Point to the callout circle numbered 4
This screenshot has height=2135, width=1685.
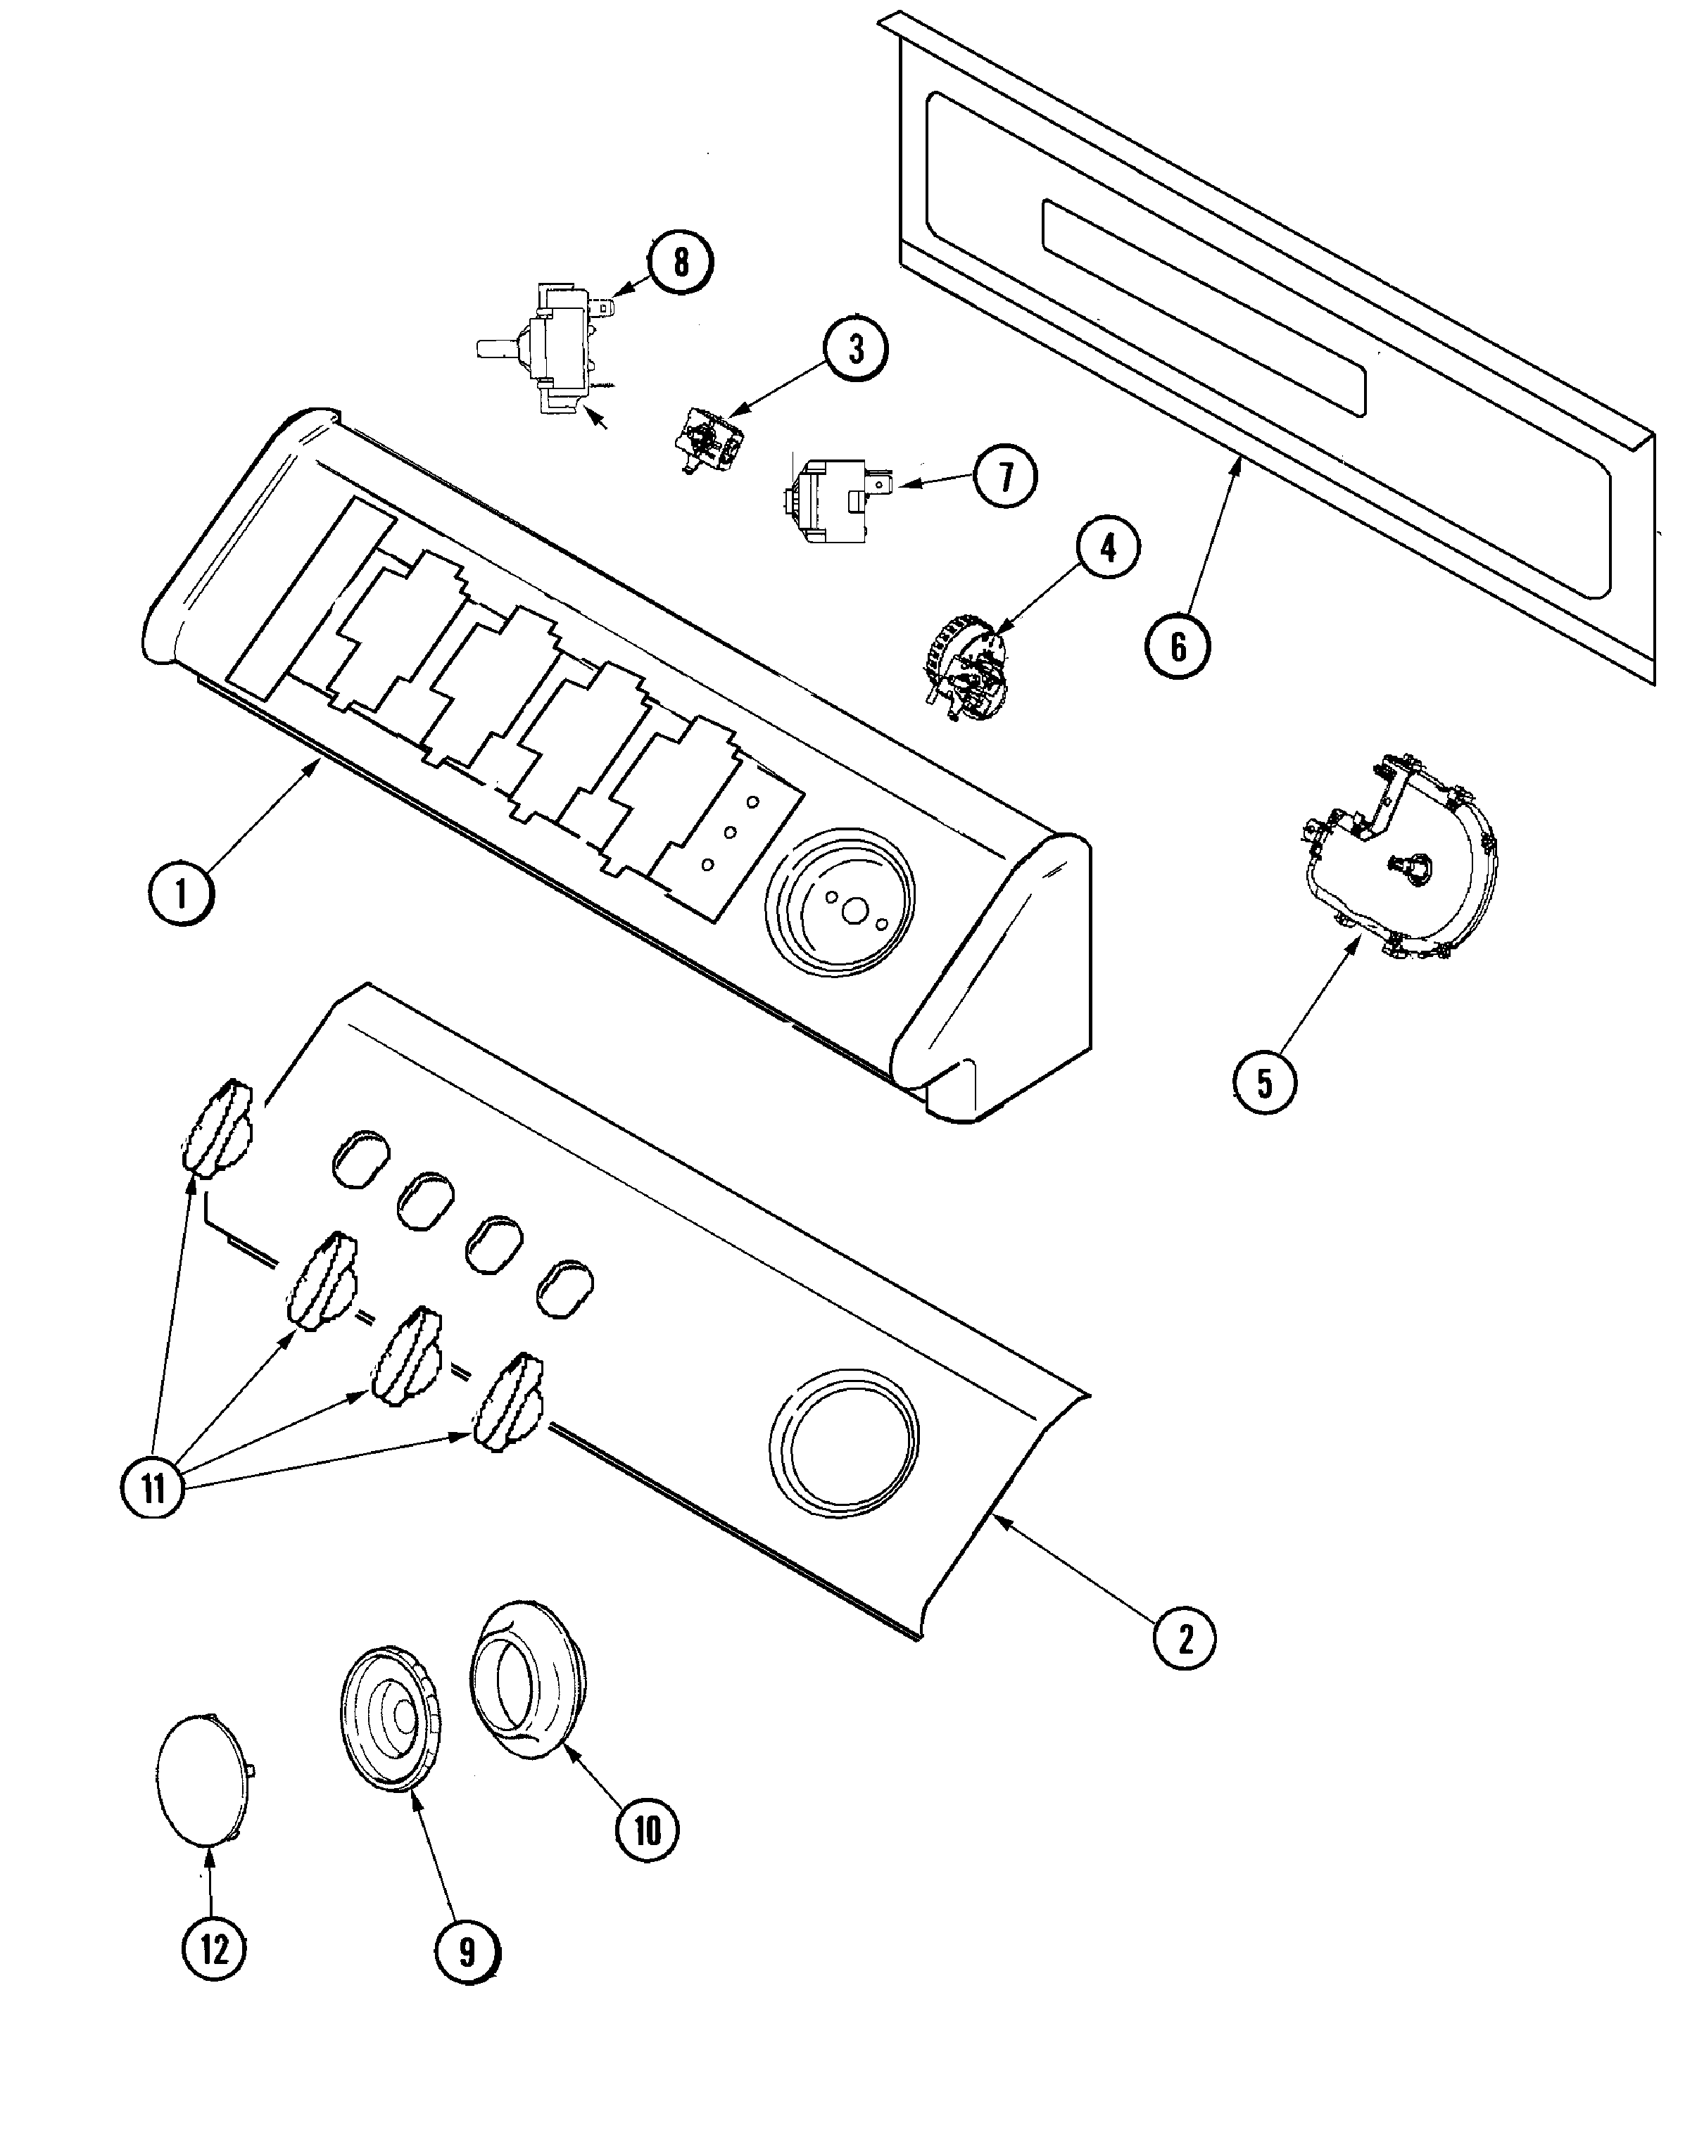[x=1108, y=548]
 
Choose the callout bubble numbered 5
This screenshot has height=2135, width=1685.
[x=1264, y=1084]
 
